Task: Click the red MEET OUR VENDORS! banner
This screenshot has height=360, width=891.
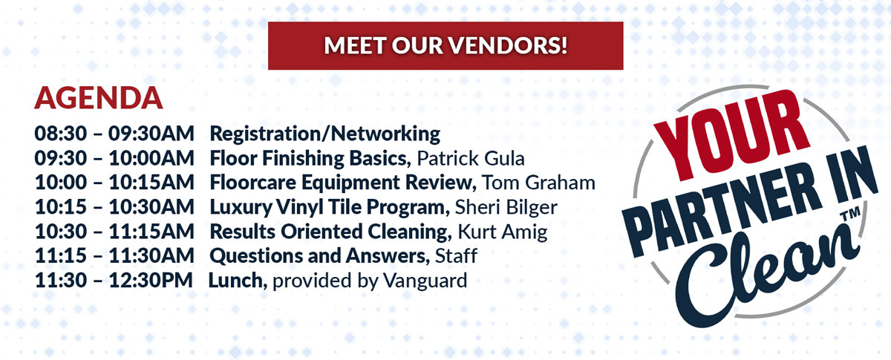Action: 446,45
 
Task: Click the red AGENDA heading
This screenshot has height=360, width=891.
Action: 99,98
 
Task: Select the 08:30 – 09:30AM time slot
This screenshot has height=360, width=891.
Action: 114,134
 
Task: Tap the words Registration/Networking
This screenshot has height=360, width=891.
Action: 325,134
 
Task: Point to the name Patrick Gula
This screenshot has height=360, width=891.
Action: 471,158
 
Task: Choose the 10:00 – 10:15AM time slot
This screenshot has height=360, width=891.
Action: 114,183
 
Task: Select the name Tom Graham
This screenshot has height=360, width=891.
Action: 538,183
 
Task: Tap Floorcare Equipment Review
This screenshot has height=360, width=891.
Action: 342,183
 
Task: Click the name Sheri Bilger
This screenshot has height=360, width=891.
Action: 506,208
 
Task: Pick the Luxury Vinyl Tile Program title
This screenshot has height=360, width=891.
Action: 327,208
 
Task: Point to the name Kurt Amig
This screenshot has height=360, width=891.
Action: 503,232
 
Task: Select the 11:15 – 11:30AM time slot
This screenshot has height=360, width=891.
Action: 114,256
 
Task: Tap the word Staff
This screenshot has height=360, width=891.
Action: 456,256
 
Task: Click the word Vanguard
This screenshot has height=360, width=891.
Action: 425,281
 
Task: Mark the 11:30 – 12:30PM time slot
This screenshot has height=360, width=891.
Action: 114,281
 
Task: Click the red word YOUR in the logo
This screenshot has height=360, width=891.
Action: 731,134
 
